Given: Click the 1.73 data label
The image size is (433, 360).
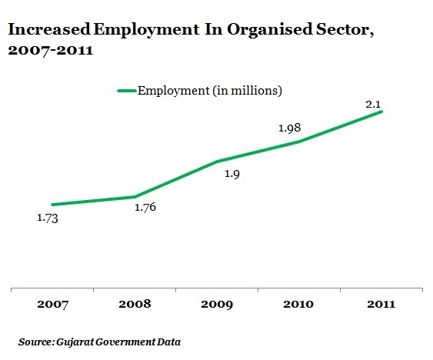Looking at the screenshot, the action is coord(48,218).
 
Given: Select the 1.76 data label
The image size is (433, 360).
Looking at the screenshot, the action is coord(145,207).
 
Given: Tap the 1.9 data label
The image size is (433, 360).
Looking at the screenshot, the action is coord(232,174).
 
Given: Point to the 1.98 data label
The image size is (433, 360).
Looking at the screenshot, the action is coord(289,128).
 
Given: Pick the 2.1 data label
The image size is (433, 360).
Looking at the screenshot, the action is coord(373,105).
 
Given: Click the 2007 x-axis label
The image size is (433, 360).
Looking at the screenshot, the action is coord(52,304).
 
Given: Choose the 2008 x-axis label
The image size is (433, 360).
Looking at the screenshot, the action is coord(135,304).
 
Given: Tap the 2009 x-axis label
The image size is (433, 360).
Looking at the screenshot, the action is coord(217,304).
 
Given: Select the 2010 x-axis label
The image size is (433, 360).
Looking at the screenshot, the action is coord(298,304).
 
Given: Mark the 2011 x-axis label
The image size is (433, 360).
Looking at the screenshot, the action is coord(381,304).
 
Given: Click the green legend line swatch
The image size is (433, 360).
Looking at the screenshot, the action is coord(127,91).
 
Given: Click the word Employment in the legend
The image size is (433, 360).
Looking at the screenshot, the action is coord(174,91).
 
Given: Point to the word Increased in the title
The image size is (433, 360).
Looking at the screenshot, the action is coord(49,29).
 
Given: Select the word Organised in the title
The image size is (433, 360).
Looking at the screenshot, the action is coord(270,30).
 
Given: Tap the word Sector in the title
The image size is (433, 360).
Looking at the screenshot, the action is coord(345,30).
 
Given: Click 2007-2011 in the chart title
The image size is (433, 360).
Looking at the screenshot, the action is coord(51,50).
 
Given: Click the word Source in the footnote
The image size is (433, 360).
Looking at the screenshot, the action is coord(35,342).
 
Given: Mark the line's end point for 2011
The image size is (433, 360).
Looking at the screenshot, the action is coord(381,112).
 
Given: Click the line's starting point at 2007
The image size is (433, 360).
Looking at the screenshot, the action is coord(52,205).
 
